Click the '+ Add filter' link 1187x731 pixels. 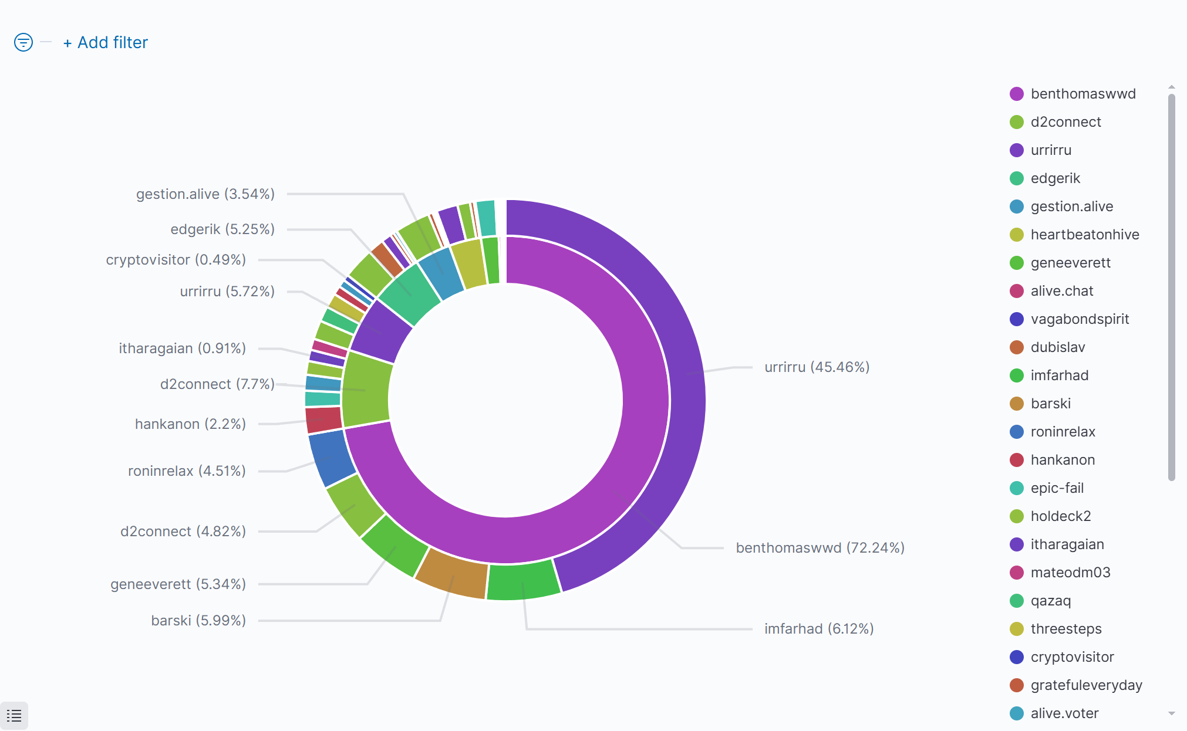[x=106, y=43]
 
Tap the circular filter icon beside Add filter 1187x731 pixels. [x=23, y=42]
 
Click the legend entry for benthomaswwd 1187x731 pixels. [x=1083, y=94]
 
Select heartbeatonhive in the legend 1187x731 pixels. [x=1084, y=235]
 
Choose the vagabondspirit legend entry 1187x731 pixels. [x=1080, y=319]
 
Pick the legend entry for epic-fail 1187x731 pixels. [x=1057, y=488]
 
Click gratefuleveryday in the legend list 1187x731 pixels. [x=1086, y=685]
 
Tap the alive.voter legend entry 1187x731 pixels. [x=1064, y=713]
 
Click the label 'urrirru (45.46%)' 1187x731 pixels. [x=817, y=367]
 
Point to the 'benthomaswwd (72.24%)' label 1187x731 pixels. [x=820, y=548]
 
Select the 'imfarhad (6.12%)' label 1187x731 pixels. [x=818, y=629]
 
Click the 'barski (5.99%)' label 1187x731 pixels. [x=198, y=621]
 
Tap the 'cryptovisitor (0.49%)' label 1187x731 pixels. [x=176, y=260]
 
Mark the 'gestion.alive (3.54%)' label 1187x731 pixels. [x=205, y=194]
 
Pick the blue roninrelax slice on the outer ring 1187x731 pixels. [x=331, y=458]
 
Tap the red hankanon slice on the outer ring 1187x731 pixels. [x=323, y=419]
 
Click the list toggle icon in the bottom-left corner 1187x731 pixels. [x=14, y=716]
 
